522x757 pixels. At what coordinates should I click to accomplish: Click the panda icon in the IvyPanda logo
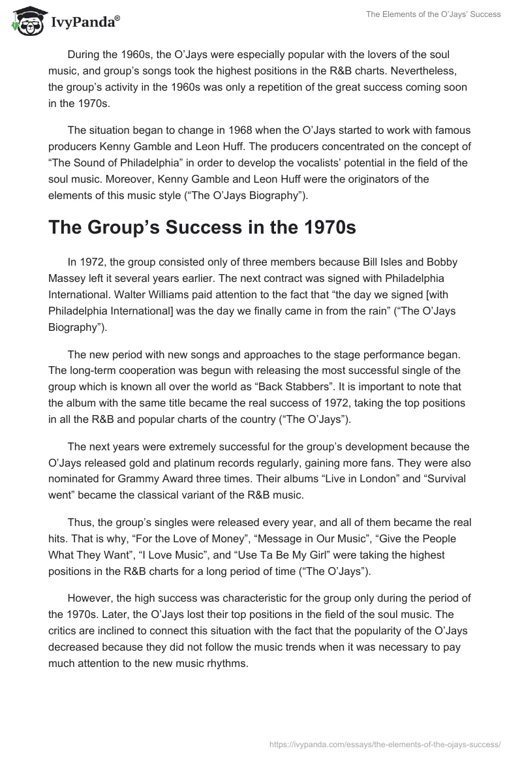(27, 23)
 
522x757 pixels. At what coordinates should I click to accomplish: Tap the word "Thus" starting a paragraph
(79, 523)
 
